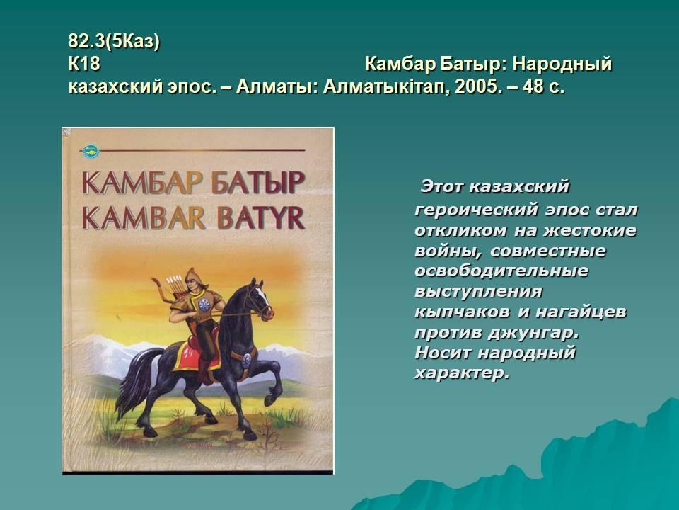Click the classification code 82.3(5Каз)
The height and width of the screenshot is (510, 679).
click(114, 42)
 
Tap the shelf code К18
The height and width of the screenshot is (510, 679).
click(84, 64)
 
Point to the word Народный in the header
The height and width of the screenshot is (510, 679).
click(562, 64)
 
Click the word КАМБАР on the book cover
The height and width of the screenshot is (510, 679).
click(142, 183)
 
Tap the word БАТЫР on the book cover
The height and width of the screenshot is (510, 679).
click(257, 183)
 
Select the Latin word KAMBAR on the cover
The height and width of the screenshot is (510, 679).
click(144, 217)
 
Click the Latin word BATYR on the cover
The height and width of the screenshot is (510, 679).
click(261, 217)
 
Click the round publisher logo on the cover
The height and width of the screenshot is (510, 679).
click(91, 151)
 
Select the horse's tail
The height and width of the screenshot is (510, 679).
click(134, 382)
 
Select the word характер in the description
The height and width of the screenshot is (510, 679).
click(461, 373)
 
